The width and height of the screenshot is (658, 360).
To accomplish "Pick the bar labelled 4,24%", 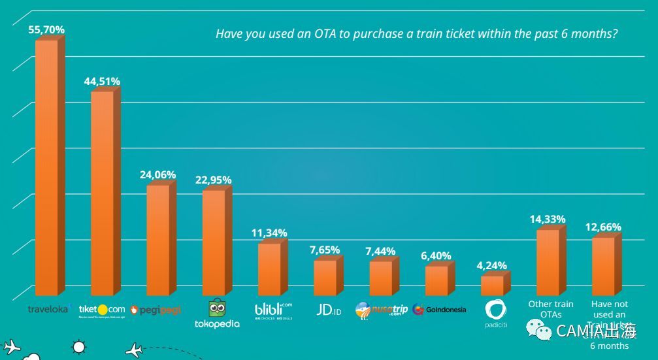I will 492,286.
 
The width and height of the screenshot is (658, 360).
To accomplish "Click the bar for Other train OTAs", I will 548,263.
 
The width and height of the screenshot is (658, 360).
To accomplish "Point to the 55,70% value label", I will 46,30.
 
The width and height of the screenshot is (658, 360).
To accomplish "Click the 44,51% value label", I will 102,82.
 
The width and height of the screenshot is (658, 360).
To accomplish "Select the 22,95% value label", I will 213,180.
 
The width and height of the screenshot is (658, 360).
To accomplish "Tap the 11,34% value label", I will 269,233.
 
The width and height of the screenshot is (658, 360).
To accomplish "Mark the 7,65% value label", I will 325,250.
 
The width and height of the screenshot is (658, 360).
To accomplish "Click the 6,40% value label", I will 436,256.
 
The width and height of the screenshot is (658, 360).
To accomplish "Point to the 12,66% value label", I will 603,227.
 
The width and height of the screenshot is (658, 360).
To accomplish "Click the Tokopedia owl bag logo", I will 217,308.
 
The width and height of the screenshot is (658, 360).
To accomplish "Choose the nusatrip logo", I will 382,310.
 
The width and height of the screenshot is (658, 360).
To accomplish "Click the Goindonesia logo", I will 439,310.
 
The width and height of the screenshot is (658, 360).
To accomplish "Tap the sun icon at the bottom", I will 78,347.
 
